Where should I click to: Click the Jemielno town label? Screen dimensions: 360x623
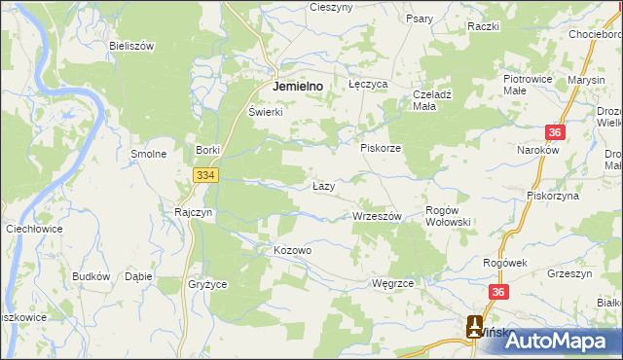tap(305, 86)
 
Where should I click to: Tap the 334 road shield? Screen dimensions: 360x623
tap(204, 175)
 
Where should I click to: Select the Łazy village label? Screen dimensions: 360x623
tap(324, 186)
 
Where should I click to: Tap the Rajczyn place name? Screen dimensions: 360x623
tap(194, 211)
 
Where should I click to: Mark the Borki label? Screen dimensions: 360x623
tap(208, 150)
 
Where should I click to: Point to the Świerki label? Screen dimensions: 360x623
tap(265, 112)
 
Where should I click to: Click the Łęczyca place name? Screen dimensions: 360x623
tap(368, 85)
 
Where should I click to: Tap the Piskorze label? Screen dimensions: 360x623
tap(381, 148)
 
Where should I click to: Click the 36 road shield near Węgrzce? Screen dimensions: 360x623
tap(498, 292)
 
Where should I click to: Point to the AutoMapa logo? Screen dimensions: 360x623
tap(549, 341)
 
